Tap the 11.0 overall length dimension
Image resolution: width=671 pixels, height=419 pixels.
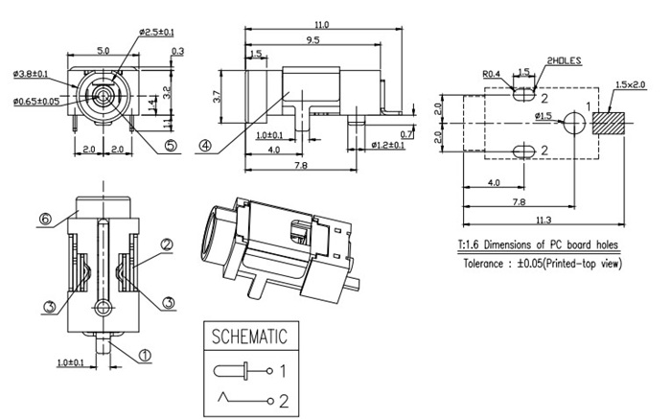point(321,24)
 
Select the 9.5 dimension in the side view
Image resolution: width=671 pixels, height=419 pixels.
point(313,40)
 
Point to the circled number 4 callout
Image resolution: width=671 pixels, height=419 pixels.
point(205,147)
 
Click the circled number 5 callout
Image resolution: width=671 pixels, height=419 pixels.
point(171,147)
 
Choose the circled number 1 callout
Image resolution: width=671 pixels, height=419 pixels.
point(146,355)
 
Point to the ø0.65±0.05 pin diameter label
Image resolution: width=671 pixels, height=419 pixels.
point(36,100)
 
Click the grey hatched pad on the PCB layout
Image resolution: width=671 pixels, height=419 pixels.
point(609,123)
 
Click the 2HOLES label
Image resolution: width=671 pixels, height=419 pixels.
point(563,60)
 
